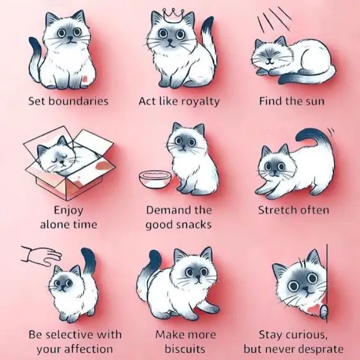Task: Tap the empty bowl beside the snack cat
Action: point(156,179)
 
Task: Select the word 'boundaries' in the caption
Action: point(78,102)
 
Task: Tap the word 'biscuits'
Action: point(185,349)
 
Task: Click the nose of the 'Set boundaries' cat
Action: point(71,40)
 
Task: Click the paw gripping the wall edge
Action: point(323,311)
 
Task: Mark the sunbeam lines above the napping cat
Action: point(274,19)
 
